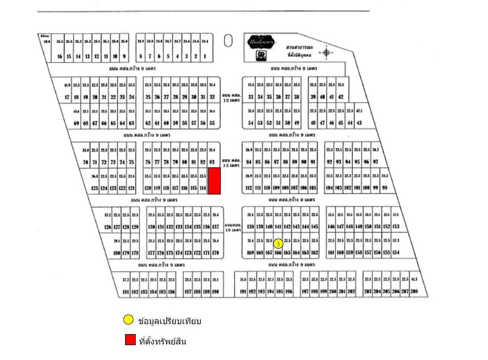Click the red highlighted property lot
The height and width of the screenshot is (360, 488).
(214, 181)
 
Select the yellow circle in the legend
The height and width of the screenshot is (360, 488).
(128, 320)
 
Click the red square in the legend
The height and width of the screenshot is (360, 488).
(130, 340)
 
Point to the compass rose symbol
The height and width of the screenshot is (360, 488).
(326, 52)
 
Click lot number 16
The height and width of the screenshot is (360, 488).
(59, 56)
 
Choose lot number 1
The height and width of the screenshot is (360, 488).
(205, 56)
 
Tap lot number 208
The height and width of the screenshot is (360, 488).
(414, 292)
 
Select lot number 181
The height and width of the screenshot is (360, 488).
(125, 292)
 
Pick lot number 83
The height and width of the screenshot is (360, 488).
(212, 162)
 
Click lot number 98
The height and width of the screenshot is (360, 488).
(385, 188)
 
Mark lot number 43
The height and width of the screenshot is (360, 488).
(359, 123)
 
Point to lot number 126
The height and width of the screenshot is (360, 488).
(108, 227)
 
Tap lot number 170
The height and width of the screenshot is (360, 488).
(215, 253)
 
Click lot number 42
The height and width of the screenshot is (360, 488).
(341, 97)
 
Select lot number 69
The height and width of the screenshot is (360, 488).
(76, 123)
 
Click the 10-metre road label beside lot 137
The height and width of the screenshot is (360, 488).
(232, 228)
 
